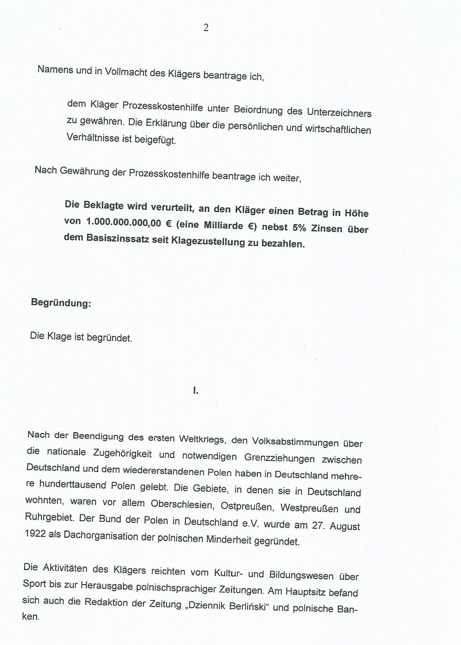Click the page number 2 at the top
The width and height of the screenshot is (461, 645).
206,28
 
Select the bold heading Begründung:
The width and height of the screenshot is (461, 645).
61,303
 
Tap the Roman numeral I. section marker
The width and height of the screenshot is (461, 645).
195,391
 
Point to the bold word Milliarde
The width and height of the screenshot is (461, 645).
223,225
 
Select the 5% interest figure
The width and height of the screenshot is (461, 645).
299,228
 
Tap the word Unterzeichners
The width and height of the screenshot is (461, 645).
339,112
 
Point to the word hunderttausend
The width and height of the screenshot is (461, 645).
73,484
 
